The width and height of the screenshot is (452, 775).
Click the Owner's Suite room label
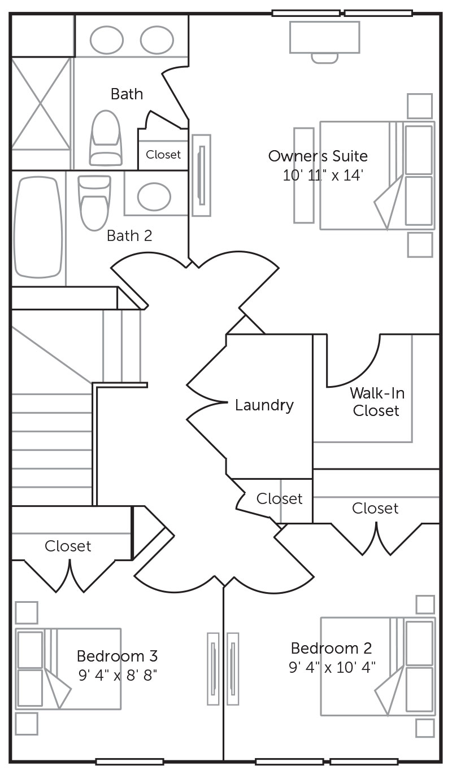[x=318, y=156]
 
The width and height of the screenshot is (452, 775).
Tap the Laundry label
[x=264, y=405]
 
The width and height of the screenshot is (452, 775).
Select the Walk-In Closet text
[x=376, y=402]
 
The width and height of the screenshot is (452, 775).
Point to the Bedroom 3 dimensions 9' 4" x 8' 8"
[x=117, y=674]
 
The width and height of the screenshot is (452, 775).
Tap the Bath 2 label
[x=129, y=235]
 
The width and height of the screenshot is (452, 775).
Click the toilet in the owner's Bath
[x=105, y=138]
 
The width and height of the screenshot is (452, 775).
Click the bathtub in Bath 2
[x=38, y=226]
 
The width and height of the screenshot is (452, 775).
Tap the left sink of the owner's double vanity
[x=107, y=40]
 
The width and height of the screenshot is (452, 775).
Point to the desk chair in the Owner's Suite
[x=324, y=57]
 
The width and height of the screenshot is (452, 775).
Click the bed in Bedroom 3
[x=68, y=668]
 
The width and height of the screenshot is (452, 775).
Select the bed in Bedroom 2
[x=377, y=666]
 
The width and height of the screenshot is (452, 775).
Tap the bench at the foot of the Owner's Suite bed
[x=303, y=175]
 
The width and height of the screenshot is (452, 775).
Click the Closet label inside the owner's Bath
[x=163, y=154]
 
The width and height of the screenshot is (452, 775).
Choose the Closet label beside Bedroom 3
[x=68, y=546]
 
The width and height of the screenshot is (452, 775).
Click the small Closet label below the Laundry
[x=279, y=498]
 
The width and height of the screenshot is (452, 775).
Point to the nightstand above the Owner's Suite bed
[x=420, y=106]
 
